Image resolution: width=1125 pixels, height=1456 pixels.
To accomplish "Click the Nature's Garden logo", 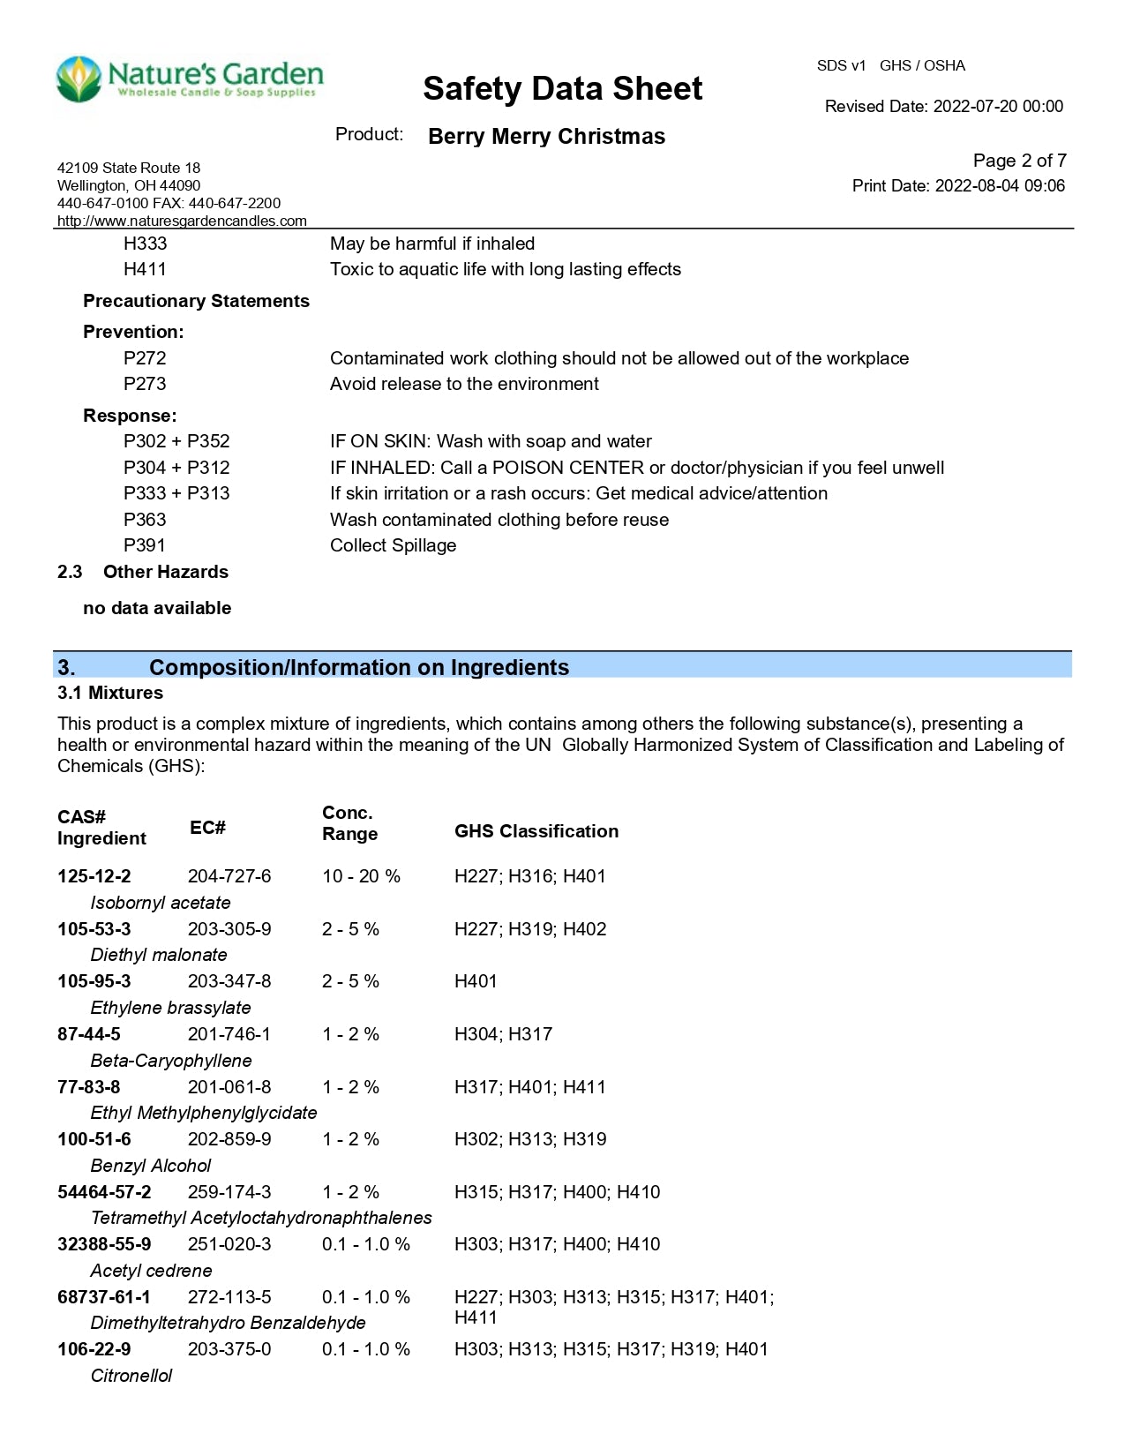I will click(190, 79).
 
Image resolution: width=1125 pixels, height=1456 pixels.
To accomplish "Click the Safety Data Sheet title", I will click(562, 88).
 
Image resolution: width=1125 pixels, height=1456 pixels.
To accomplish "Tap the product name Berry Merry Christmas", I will click(546, 137).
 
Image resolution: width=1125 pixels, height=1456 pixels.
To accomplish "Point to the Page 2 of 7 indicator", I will click(1019, 161).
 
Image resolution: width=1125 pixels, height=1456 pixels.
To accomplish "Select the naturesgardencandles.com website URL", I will click(182, 221).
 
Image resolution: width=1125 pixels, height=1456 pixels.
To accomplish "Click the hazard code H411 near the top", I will click(145, 269).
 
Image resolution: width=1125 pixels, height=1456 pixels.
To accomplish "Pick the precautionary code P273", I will click(145, 384).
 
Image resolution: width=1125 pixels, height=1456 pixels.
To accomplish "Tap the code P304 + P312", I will click(176, 468).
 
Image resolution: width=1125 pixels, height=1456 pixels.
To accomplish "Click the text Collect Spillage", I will click(393, 545).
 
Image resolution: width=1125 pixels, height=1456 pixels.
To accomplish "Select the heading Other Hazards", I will click(165, 572).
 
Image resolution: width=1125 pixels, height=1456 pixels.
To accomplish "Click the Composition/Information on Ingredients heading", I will click(358, 667).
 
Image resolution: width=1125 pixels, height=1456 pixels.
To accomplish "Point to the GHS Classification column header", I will click(536, 831).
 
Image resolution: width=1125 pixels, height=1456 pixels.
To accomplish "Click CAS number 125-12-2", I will click(94, 876).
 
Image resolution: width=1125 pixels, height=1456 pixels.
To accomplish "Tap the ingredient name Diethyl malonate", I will click(159, 955).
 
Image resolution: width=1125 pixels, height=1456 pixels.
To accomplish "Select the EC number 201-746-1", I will click(229, 1034).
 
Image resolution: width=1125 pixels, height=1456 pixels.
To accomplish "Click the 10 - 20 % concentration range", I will click(361, 876).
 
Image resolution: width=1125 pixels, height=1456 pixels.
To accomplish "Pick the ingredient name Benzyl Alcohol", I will click(151, 1166).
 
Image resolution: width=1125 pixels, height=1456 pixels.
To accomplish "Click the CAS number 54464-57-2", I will click(104, 1192).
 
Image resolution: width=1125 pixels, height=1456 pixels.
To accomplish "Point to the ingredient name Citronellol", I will click(131, 1376).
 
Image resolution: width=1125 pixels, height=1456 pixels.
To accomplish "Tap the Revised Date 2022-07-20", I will click(943, 107).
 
